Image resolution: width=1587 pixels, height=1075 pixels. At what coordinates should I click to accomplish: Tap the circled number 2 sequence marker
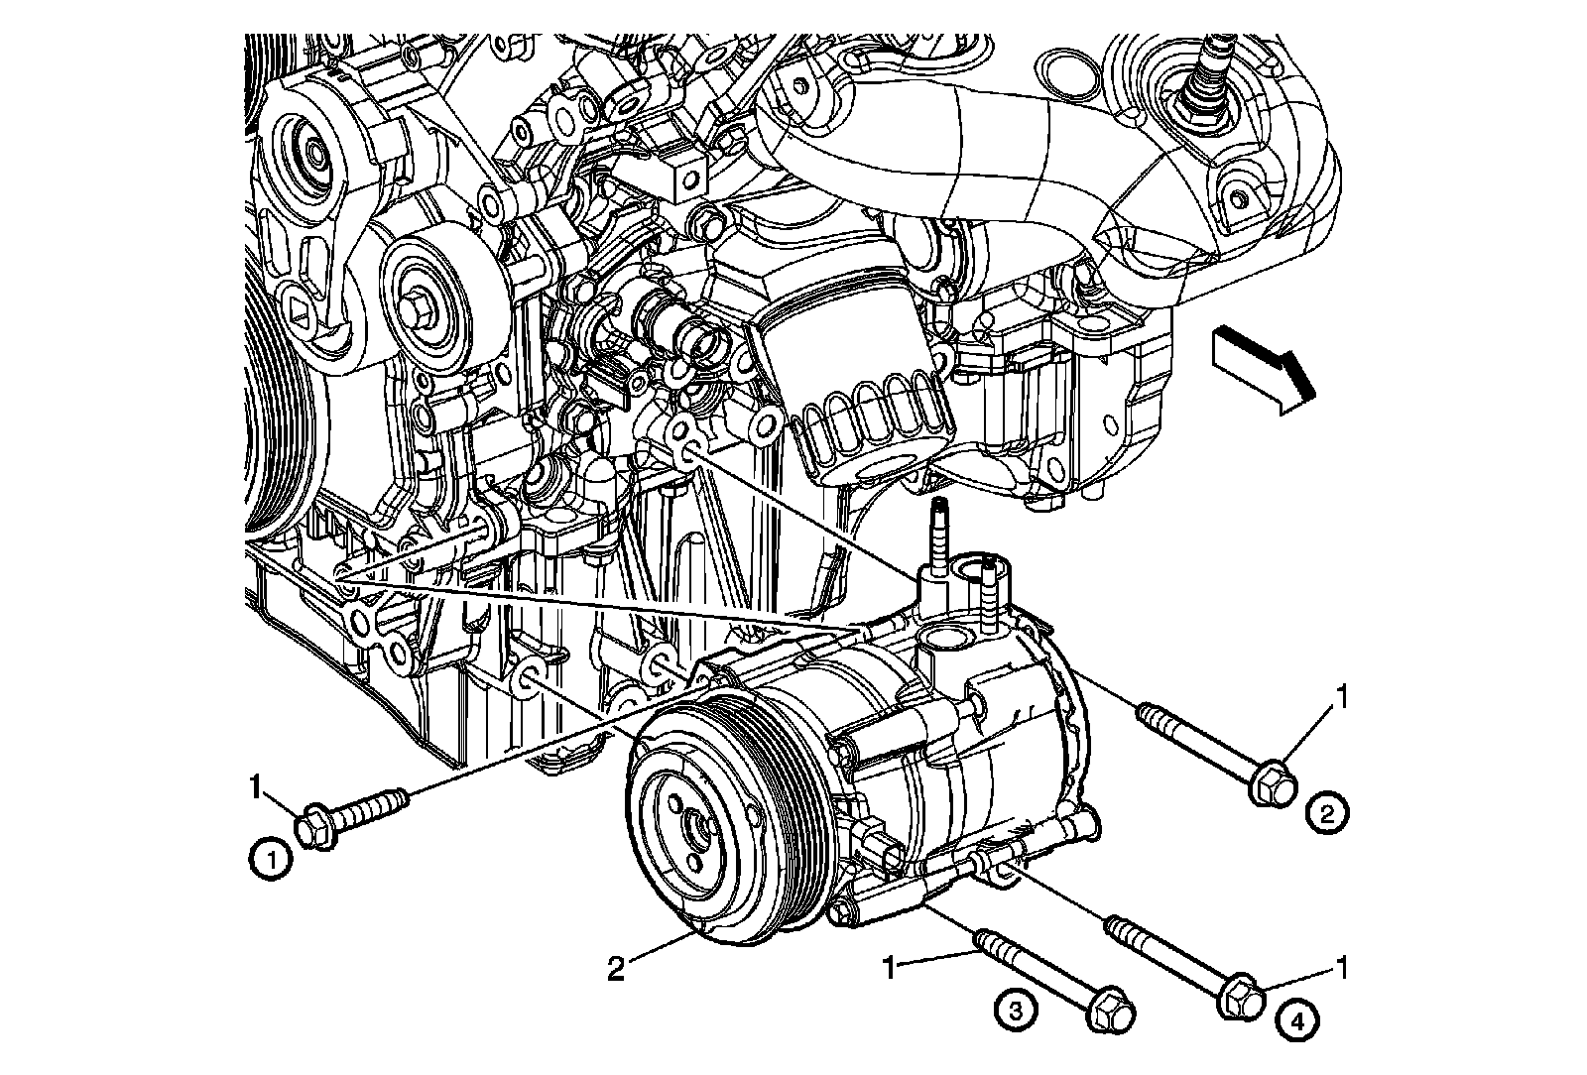(x=1328, y=814)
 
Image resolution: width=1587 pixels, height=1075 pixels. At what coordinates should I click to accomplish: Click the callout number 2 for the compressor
(x=616, y=968)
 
